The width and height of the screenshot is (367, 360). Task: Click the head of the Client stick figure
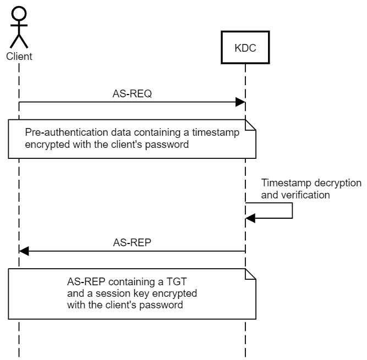(19, 13)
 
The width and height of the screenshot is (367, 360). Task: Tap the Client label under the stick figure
(19, 56)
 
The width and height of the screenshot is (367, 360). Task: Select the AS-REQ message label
(132, 94)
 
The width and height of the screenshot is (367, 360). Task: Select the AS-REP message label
(132, 242)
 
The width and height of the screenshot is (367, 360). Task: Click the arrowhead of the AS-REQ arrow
(240, 103)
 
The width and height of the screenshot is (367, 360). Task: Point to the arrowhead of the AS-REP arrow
(24, 251)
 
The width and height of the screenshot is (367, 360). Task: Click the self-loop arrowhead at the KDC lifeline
(250, 218)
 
